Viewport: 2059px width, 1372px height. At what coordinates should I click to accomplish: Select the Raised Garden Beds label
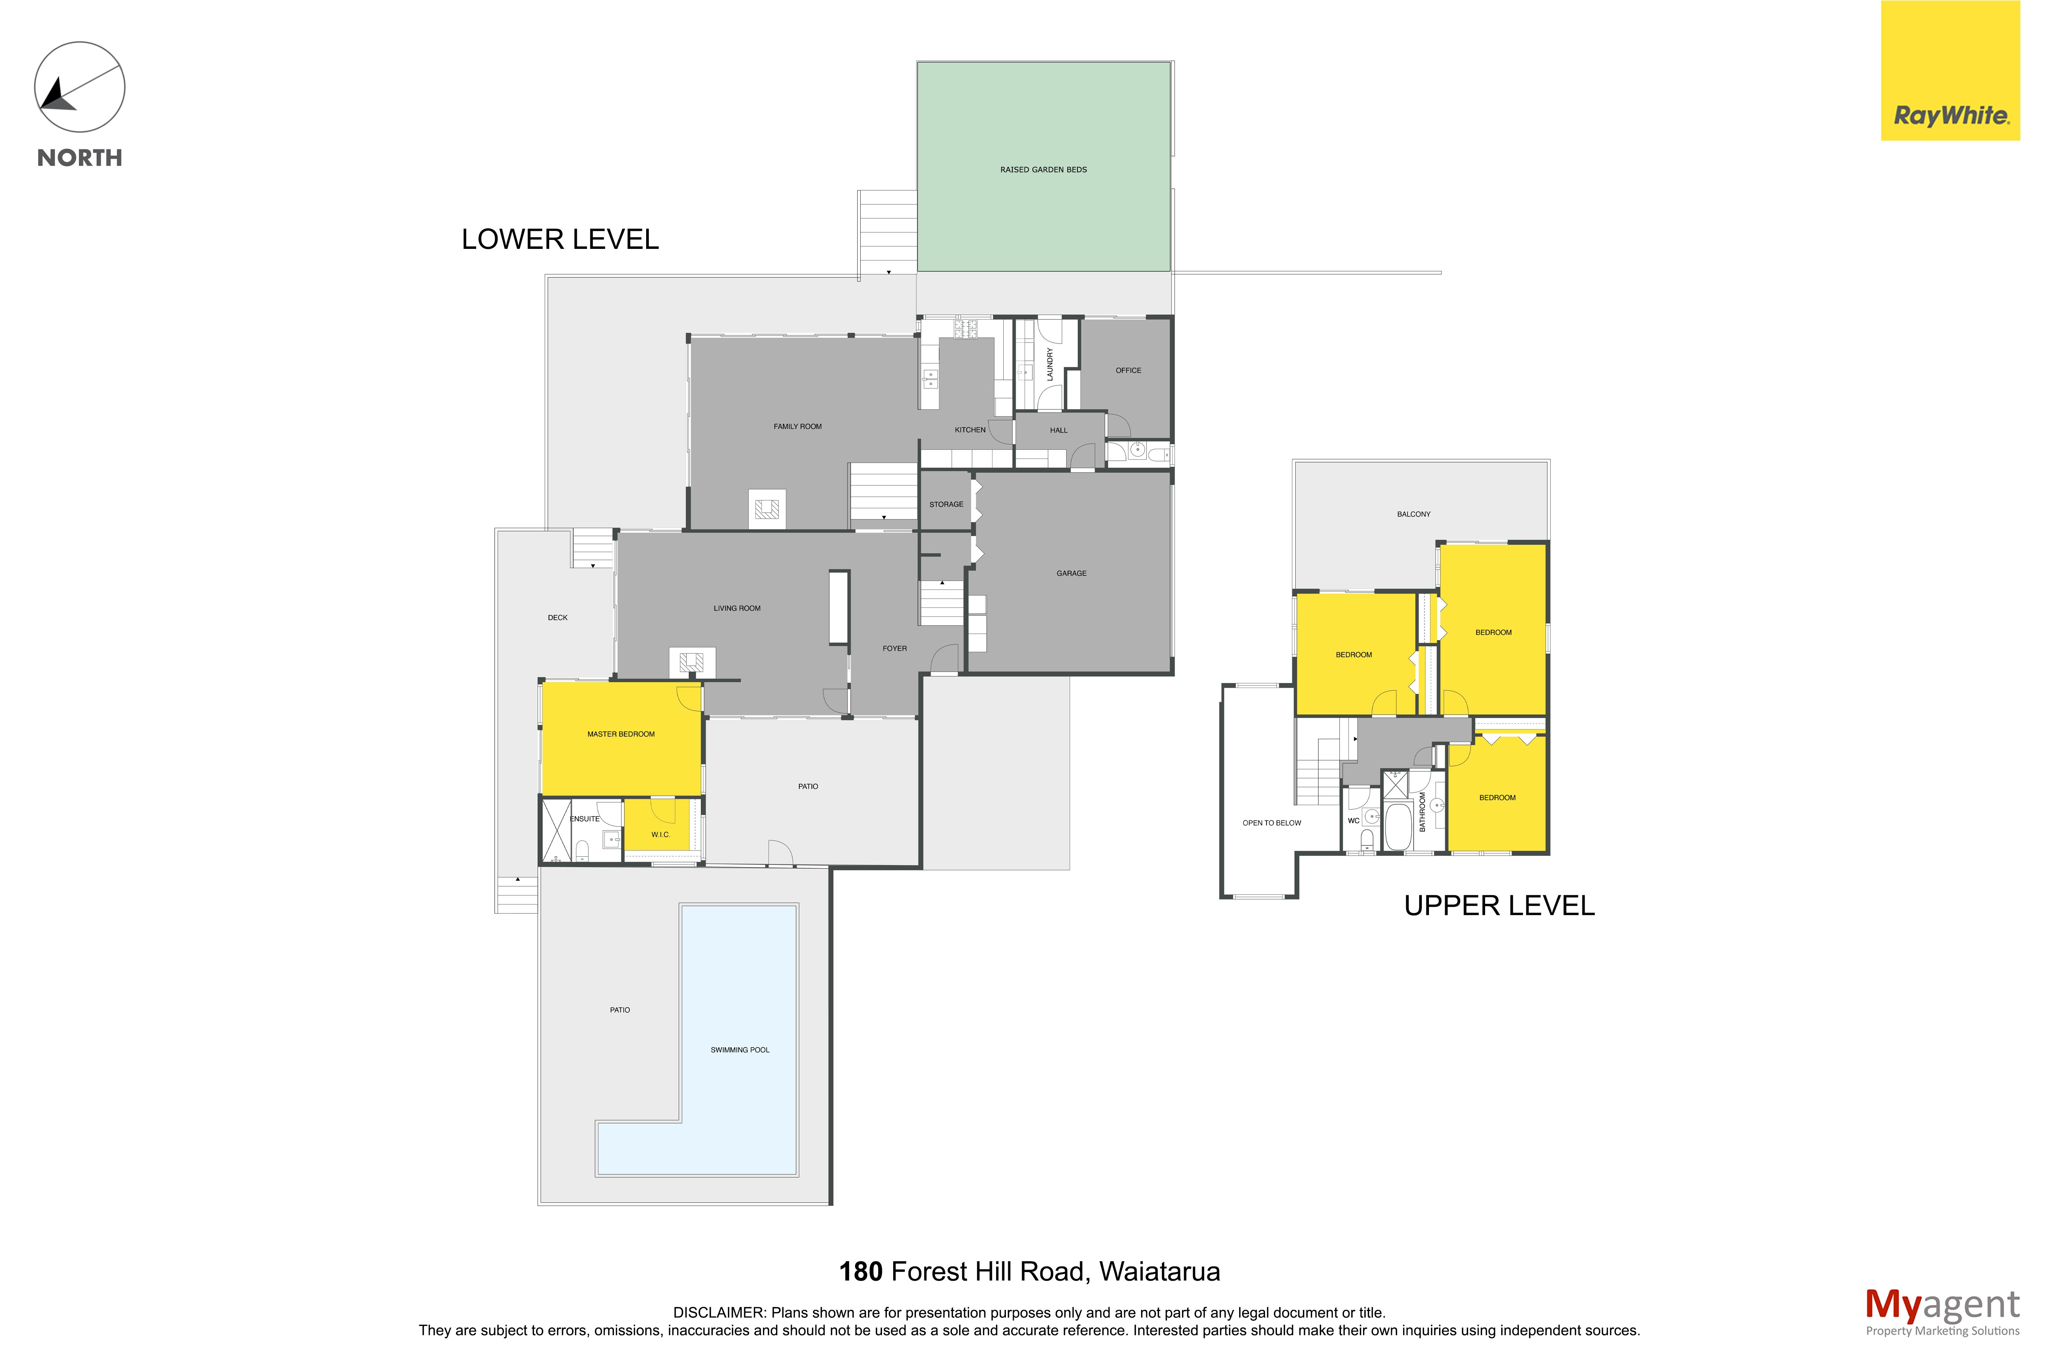(x=1043, y=170)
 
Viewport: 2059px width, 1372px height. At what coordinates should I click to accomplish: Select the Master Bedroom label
(x=620, y=734)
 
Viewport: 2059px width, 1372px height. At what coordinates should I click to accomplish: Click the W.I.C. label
(x=661, y=835)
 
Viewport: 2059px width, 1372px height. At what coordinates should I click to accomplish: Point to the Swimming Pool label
(x=739, y=1050)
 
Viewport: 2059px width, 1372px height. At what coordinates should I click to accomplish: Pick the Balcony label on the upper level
(x=1413, y=515)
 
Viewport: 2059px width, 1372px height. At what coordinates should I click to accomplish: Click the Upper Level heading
(x=1499, y=906)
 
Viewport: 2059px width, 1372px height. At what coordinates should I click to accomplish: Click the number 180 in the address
(x=861, y=1271)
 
